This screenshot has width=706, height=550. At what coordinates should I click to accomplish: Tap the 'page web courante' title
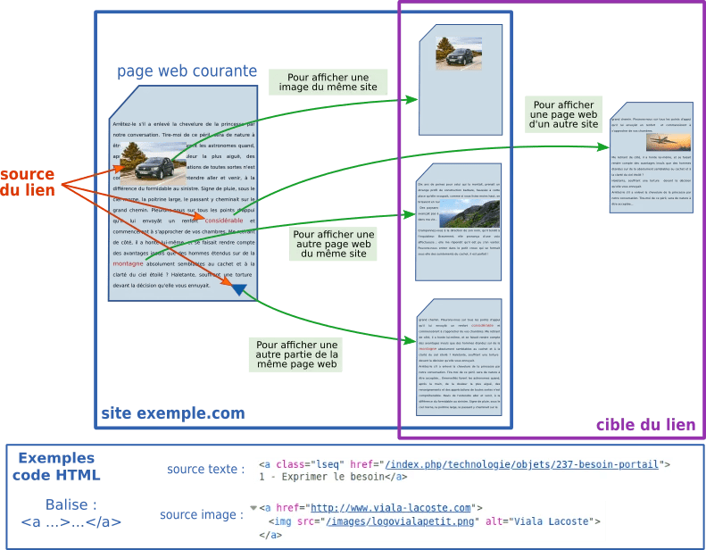pos(187,71)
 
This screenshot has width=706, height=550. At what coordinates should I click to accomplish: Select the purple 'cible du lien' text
pos(645,425)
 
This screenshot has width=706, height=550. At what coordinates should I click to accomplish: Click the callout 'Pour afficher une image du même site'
pos(328,81)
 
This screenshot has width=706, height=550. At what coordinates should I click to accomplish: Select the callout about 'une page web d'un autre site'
pos(563,114)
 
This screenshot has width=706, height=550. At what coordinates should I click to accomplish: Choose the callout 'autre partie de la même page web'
pos(296,354)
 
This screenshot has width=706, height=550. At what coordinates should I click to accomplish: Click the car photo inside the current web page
pos(153,163)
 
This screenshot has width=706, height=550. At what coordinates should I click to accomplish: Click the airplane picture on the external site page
pos(661,141)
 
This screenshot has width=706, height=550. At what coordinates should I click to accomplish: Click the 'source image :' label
pos(201,515)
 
